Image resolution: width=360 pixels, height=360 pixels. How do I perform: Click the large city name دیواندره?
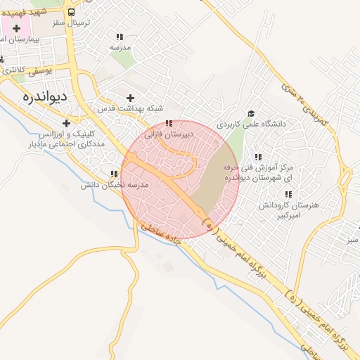click(x=44, y=97)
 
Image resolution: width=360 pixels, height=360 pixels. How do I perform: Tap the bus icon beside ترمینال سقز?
click(x=71, y=13)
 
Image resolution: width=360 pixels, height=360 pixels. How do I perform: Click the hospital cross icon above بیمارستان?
click(x=16, y=28)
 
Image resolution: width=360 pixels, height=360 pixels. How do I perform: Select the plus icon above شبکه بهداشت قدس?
click(x=129, y=98)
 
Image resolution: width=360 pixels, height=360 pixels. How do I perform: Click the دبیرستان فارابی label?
click(x=163, y=133)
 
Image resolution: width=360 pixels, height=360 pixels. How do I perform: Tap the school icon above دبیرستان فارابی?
click(x=168, y=123)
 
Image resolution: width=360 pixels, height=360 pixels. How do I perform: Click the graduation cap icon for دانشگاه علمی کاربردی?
click(x=251, y=112)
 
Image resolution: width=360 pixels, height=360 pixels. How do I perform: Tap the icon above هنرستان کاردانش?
click(x=287, y=194)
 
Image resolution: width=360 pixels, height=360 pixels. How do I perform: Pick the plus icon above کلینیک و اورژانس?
click(x=66, y=123)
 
